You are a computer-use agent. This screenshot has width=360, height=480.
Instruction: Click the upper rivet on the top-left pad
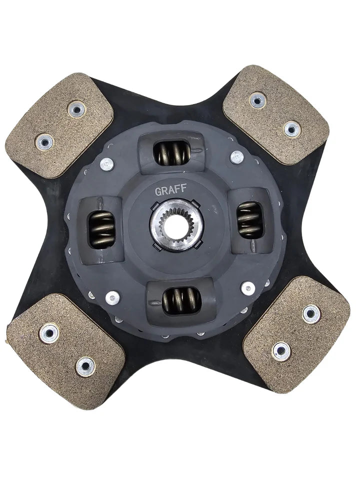76,109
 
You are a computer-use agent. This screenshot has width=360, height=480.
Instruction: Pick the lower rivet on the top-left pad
45,142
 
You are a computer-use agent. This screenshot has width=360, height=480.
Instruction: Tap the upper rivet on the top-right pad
257,100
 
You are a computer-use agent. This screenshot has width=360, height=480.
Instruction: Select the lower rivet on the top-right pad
292,129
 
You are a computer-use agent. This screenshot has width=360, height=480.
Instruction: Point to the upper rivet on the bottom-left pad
49,331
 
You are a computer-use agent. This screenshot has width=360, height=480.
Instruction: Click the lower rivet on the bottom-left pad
85,366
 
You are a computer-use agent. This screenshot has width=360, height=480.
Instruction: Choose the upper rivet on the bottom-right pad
311,314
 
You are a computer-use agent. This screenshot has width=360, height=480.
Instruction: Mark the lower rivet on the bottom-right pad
281,351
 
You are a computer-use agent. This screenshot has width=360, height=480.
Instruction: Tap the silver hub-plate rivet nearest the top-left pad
106,163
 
